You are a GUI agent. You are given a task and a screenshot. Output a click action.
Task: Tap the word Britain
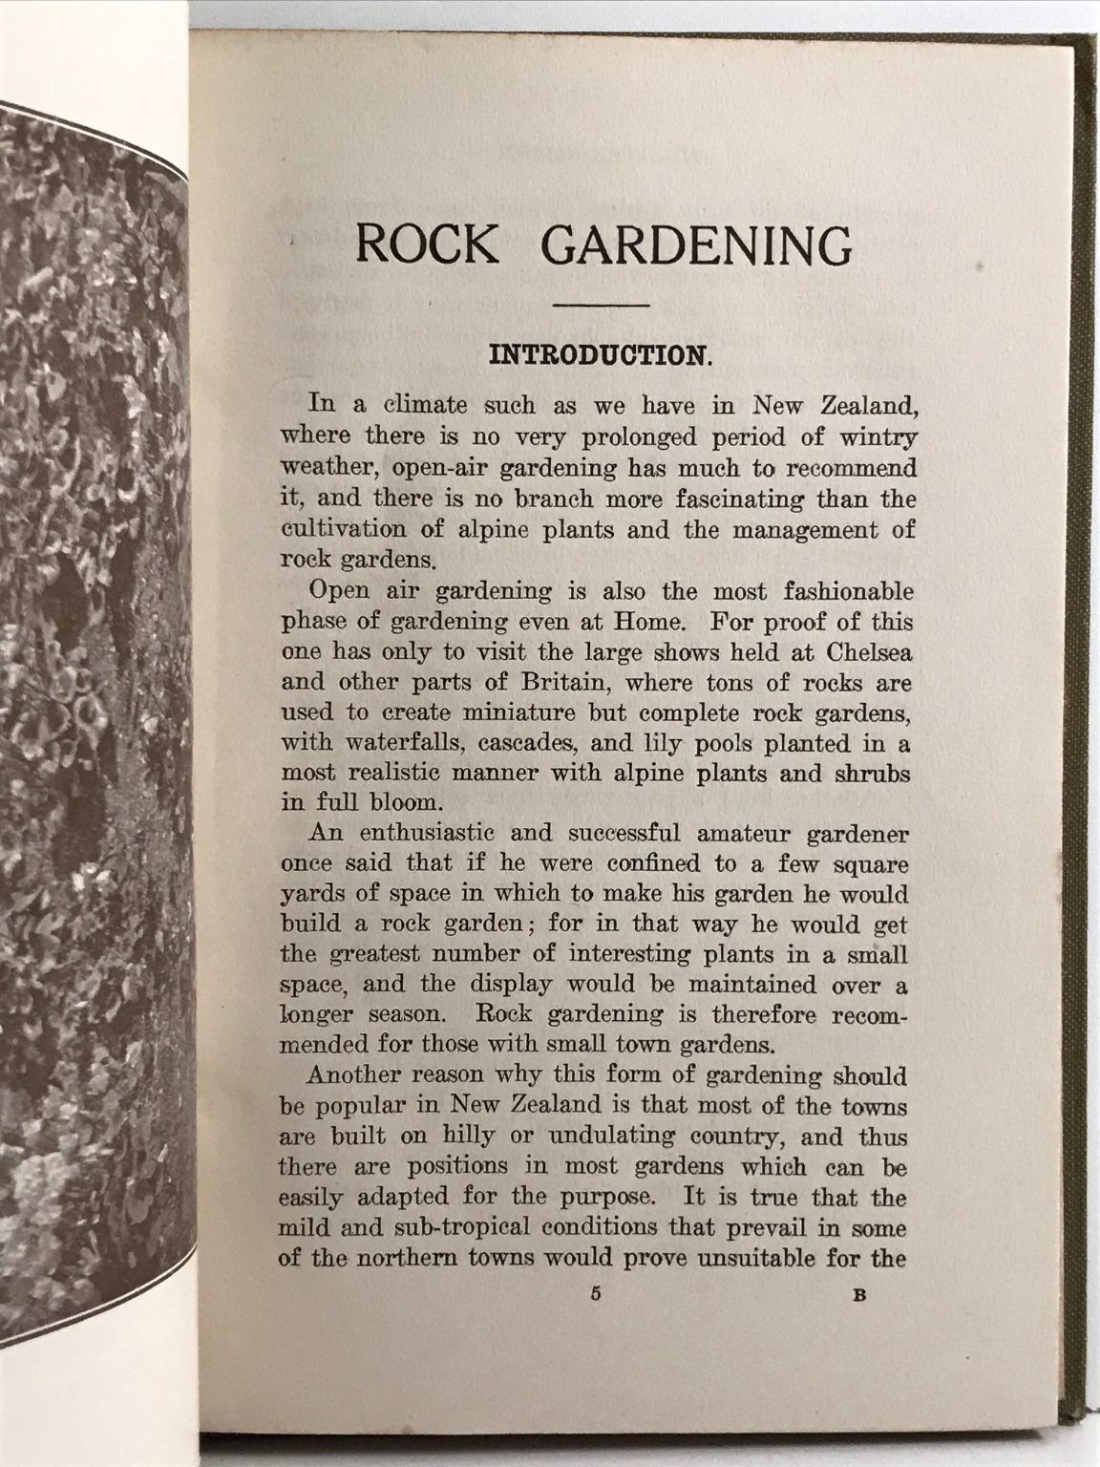point(549,684)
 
